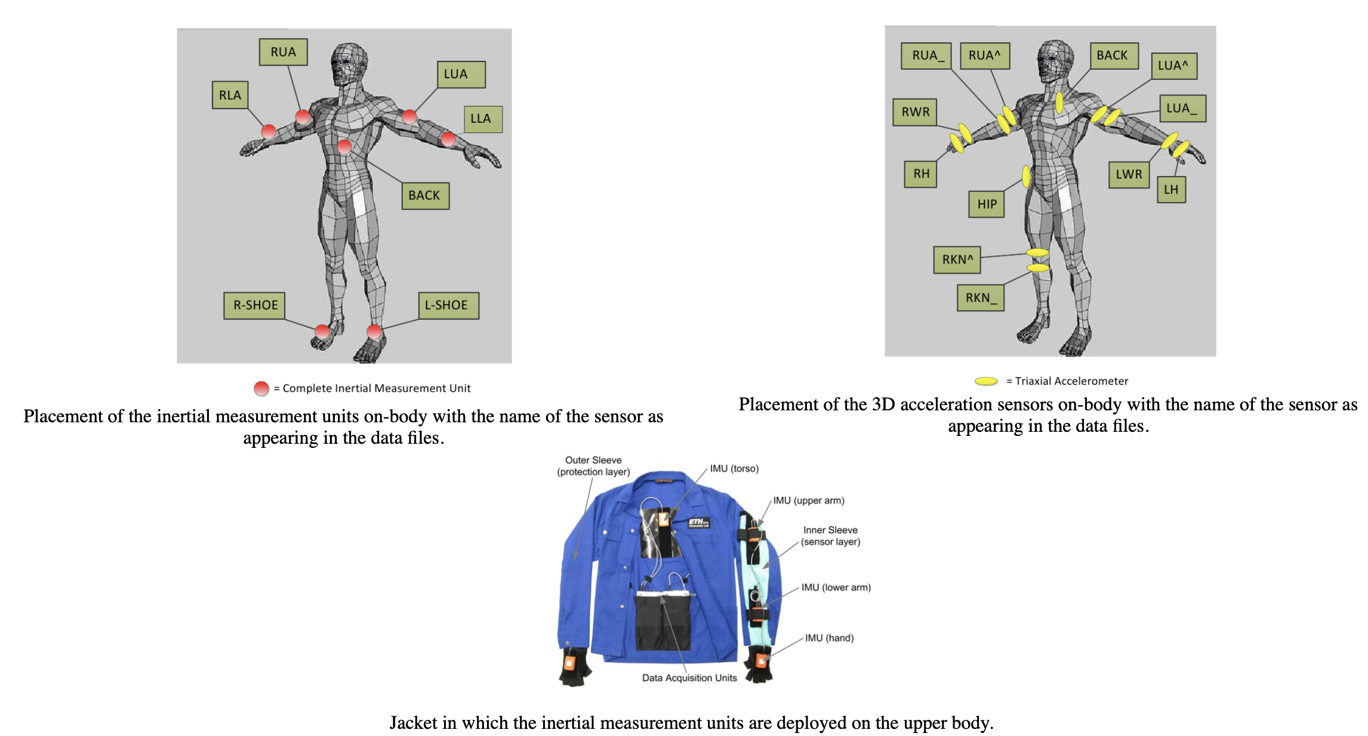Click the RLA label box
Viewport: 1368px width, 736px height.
tap(230, 95)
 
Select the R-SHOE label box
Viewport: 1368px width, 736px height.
tap(254, 305)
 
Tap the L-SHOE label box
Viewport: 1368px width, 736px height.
tap(448, 305)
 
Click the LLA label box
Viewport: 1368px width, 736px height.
tap(482, 119)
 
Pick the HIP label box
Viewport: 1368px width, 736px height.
tap(986, 204)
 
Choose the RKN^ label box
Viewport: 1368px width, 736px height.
tap(957, 259)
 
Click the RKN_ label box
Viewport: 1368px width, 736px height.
tap(980, 298)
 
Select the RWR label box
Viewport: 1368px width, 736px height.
tap(914, 112)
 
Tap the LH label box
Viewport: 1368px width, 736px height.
tap(1170, 190)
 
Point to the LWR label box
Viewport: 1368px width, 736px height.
tap(1128, 174)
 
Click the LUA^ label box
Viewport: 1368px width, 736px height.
tap(1173, 66)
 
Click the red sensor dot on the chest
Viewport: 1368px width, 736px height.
tap(344, 147)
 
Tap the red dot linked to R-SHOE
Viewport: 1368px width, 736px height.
tap(322, 331)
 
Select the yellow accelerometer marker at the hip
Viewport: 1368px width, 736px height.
tap(1026, 176)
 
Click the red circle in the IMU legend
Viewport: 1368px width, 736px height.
tap(261, 389)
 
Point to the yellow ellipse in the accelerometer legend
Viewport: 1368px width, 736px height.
tap(986, 381)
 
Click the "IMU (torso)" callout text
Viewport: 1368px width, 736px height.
tap(734, 469)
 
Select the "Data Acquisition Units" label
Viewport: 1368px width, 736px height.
tap(689, 678)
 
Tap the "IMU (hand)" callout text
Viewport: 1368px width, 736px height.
tap(828, 638)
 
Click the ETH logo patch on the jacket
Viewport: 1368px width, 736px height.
tap(699, 522)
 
